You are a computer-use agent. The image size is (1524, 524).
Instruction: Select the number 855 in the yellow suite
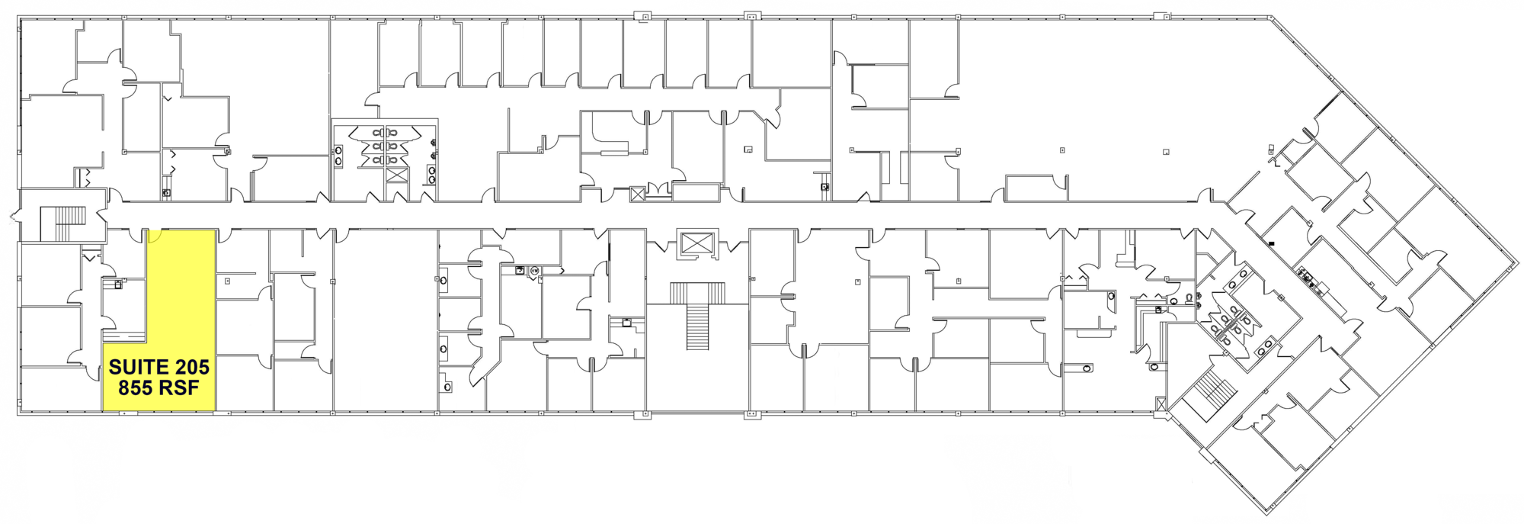click(136, 388)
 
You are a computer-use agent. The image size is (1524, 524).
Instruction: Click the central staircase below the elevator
click(697, 316)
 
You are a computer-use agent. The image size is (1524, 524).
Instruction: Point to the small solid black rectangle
click(1272, 244)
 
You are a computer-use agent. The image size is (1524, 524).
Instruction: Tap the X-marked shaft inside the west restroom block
click(396, 175)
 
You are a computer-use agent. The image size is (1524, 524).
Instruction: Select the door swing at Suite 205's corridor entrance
click(152, 236)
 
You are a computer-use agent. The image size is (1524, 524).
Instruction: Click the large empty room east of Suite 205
click(386, 320)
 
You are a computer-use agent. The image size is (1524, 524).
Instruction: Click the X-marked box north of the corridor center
click(638, 194)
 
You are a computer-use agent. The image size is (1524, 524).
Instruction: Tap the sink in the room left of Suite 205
click(117, 284)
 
